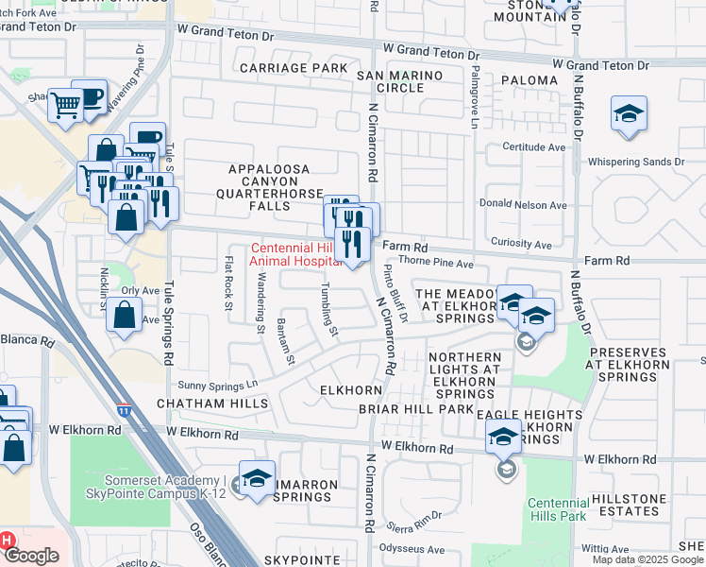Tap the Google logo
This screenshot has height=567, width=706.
(x=31, y=556)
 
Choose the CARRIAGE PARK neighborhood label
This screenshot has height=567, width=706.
(x=294, y=68)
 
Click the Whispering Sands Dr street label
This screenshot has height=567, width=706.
(x=635, y=163)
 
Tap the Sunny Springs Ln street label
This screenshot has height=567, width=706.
(x=218, y=386)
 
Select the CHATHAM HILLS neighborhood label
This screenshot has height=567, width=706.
(x=206, y=403)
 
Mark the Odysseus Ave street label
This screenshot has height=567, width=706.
(x=411, y=549)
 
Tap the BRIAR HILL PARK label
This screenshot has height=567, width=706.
(x=415, y=409)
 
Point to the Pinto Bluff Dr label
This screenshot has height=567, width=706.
(x=395, y=294)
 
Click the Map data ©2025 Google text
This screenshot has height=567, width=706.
(x=647, y=559)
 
